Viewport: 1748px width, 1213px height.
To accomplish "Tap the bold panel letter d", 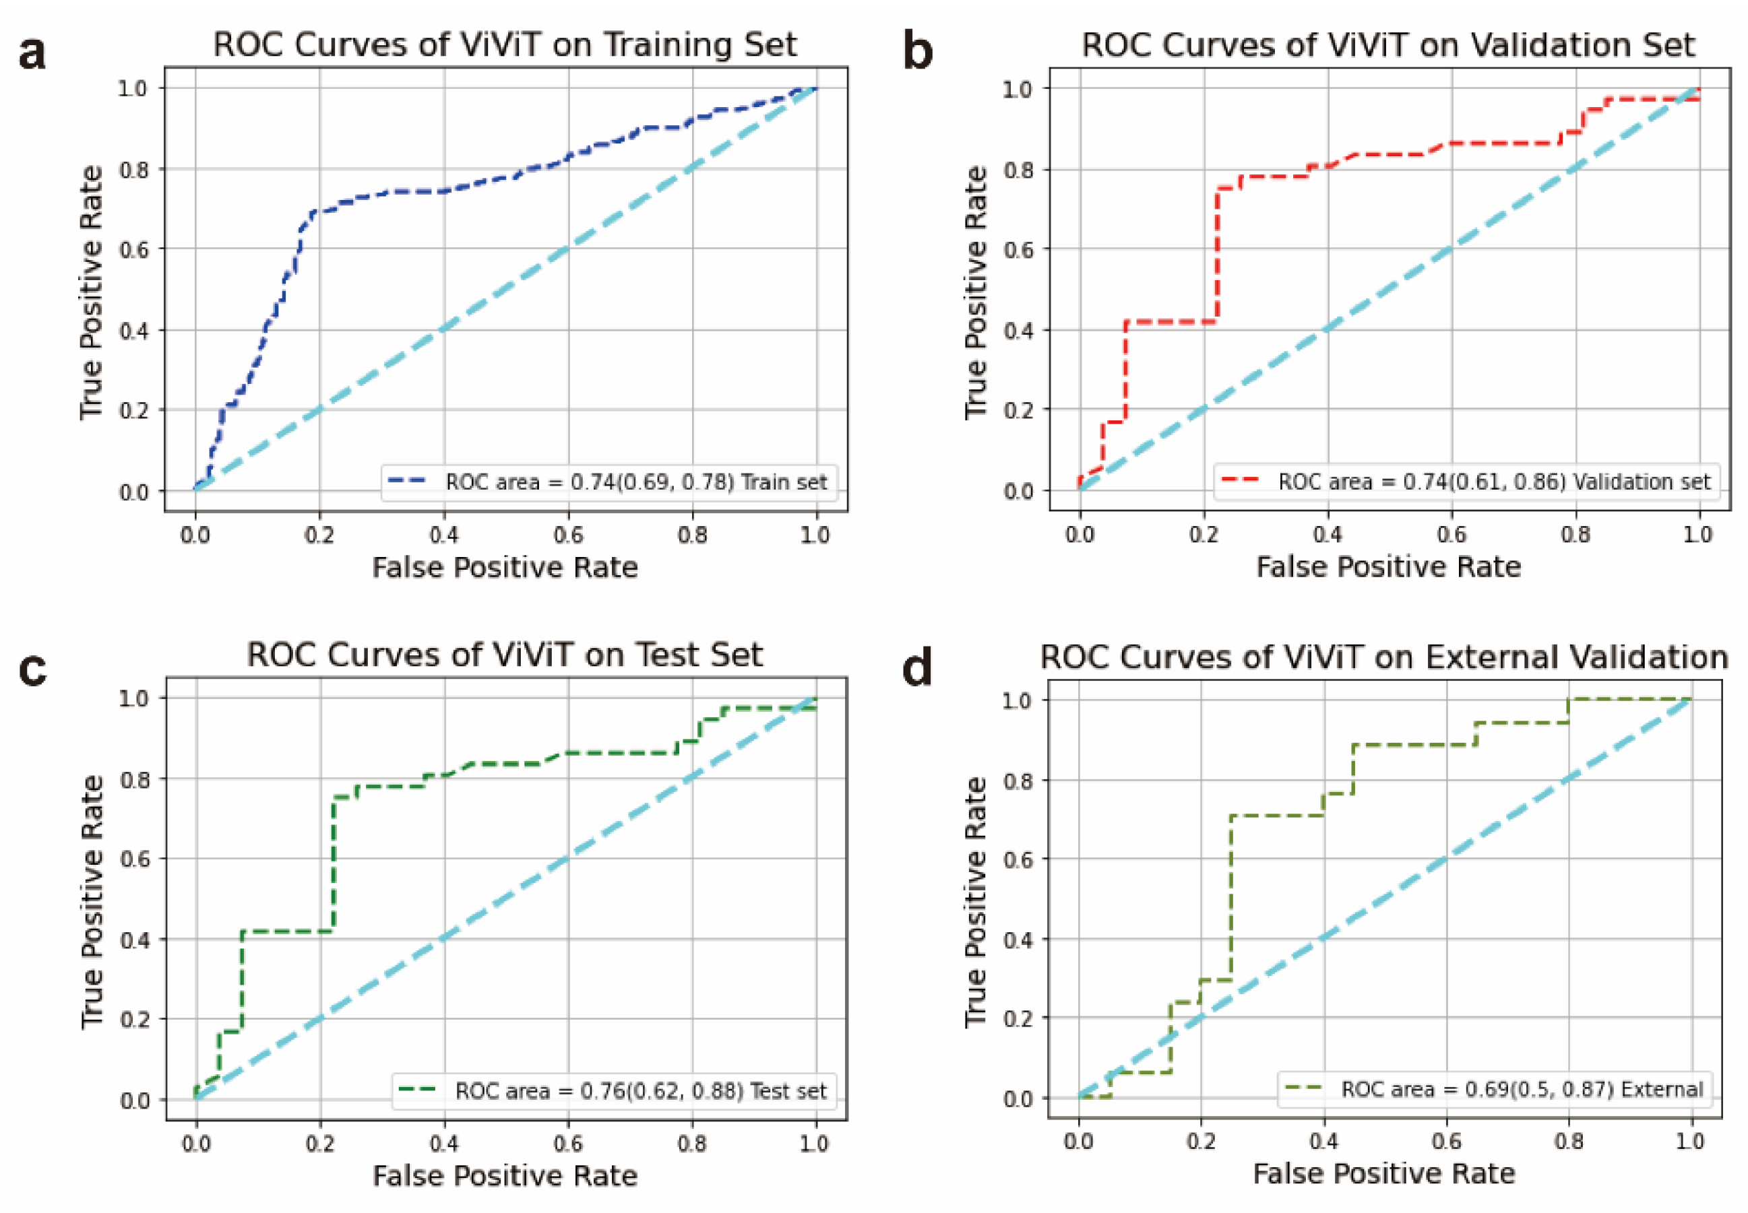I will coord(916,667).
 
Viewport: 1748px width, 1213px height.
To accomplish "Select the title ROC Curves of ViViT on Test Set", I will coord(504,655).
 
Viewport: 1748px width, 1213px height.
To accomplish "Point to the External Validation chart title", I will coord(1383,657).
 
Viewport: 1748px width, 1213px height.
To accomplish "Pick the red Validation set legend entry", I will coord(1465,482).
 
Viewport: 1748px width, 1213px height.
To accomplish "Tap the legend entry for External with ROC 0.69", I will coord(1494,1089).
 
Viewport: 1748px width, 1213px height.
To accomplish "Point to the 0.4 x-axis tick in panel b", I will coord(1327,534).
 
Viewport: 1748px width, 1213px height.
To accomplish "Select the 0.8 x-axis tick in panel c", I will coord(691,1143).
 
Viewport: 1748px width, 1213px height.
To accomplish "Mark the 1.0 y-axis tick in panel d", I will coord(1018,700).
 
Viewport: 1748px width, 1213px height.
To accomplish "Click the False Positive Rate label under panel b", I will coord(1387,567).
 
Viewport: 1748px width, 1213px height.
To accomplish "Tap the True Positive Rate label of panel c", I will coord(92,901).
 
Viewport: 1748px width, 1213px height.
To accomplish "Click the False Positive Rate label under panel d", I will coord(1383,1173).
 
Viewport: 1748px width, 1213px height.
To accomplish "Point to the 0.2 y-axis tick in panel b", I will coord(1018,410).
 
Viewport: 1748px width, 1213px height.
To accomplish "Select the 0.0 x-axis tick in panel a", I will coord(195,535).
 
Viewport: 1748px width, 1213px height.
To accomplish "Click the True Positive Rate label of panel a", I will coord(91,292).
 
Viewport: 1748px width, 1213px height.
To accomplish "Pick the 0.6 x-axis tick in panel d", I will coord(1445,1142).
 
